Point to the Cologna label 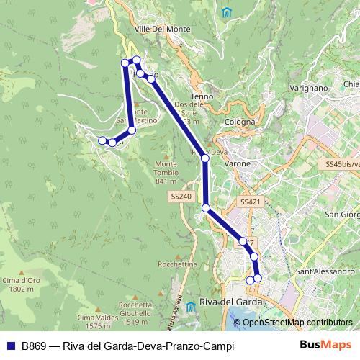240,122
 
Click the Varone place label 238,163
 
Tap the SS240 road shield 181,196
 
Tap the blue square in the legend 11,346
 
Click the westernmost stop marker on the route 102,140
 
